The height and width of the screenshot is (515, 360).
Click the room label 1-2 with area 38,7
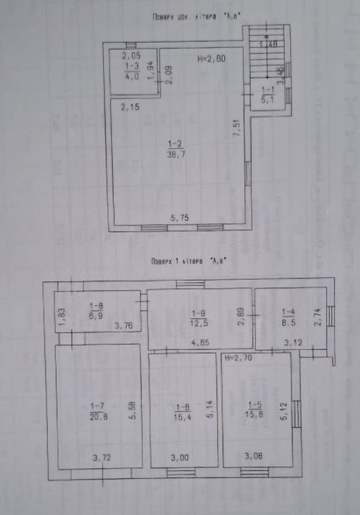click(x=175, y=148)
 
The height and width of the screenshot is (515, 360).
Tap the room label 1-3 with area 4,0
click(x=132, y=70)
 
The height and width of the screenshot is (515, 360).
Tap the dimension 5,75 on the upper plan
click(x=180, y=218)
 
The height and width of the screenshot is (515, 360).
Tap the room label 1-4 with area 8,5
click(x=288, y=315)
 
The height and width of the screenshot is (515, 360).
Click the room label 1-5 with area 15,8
click(x=255, y=409)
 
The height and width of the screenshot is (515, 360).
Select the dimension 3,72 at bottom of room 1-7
click(x=102, y=458)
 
